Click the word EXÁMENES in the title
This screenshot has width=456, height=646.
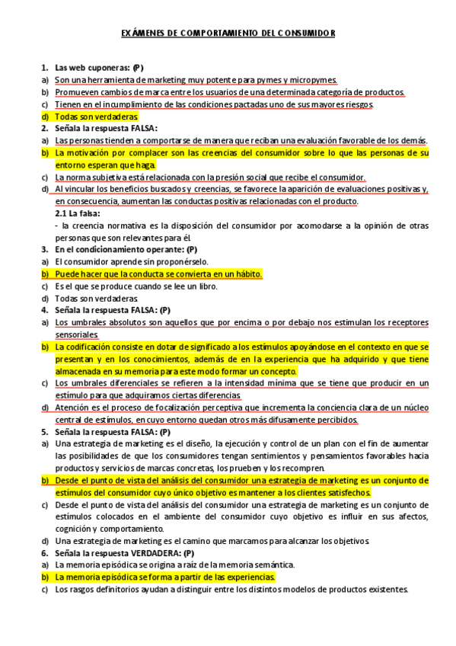click(142, 34)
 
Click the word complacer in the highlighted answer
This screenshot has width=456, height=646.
click(151, 152)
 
